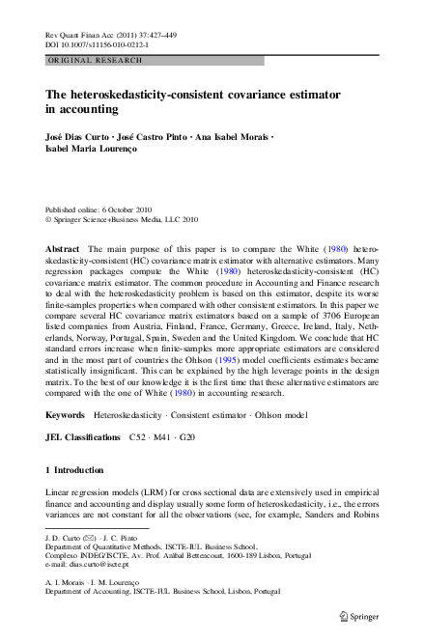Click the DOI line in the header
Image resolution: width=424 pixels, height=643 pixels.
pyautogui.click(x=92, y=43)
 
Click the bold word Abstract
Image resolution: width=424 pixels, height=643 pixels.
pyautogui.click(x=63, y=248)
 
